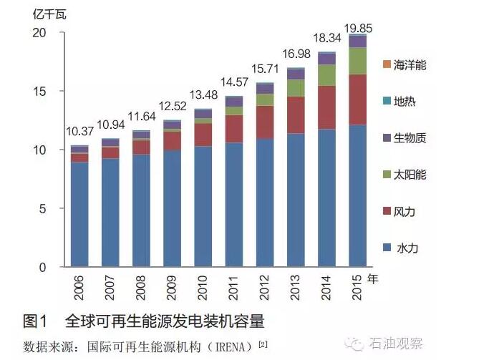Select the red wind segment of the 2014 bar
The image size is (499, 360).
tap(326, 107)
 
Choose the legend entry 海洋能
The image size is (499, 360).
tap(410, 65)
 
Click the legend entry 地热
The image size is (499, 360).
tap(405, 102)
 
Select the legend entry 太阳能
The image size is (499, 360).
tap(410, 175)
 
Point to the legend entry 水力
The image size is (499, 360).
tap(405, 248)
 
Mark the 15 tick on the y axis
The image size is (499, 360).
tap(40, 92)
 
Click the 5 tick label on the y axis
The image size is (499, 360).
tap(43, 209)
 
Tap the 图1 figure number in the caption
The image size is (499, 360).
tap(35, 319)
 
